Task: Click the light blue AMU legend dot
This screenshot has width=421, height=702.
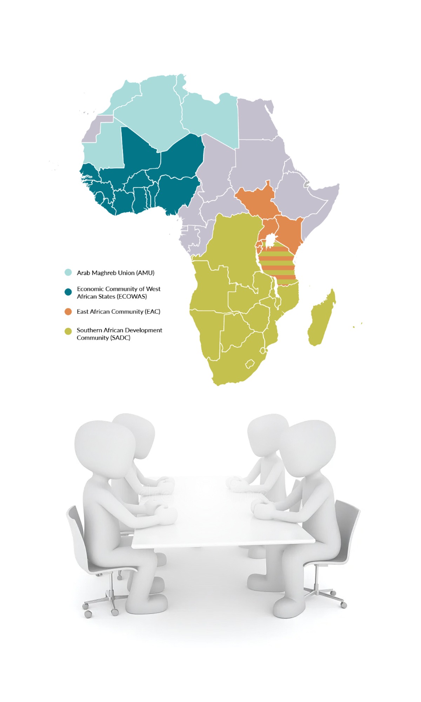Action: point(68,272)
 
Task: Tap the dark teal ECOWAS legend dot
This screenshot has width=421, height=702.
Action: point(68,292)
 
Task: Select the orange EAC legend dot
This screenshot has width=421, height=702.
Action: point(68,311)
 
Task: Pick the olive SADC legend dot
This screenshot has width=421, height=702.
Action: point(68,331)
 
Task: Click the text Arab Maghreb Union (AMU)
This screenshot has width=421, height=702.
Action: point(115,273)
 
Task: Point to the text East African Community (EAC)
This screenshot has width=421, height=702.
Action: point(118,311)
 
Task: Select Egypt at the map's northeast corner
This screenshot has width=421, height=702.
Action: point(256,119)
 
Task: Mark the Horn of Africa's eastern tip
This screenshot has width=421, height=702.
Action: point(338,185)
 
